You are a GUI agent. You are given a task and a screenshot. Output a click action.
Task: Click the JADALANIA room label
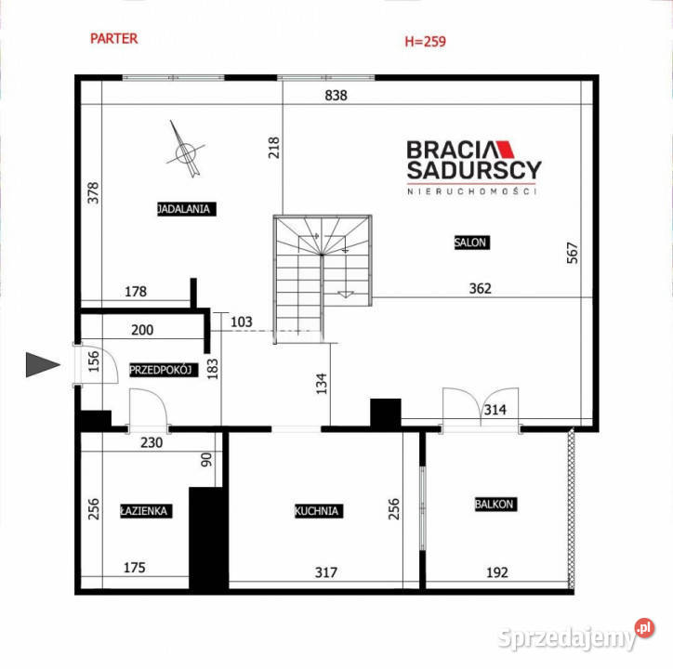click(187, 209)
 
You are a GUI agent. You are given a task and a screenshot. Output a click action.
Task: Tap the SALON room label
click(471, 243)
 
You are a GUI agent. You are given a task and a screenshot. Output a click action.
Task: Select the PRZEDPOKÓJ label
click(164, 370)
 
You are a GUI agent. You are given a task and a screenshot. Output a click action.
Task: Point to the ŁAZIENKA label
click(146, 511)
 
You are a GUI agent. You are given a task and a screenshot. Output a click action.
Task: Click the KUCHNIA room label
click(319, 511)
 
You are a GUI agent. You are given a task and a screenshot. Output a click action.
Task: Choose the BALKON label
click(495, 504)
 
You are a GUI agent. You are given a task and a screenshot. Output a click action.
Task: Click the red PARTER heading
click(113, 39)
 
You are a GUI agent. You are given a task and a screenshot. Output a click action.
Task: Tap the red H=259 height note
click(426, 41)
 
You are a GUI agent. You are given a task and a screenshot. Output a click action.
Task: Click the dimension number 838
click(336, 96)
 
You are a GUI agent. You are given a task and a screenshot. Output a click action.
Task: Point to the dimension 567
click(573, 253)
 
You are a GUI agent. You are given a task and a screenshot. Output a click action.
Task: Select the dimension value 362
click(480, 288)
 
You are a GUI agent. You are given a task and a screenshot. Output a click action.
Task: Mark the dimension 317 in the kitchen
click(325, 572)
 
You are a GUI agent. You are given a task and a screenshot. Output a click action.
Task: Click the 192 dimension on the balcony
click(497, 572)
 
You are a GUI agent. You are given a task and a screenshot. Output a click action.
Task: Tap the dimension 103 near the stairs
click(241, 321)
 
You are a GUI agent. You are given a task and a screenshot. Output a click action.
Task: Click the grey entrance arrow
click(43, 365)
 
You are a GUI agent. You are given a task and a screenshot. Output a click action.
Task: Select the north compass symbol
click(185, 151)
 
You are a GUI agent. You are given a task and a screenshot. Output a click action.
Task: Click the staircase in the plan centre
click(323, 279)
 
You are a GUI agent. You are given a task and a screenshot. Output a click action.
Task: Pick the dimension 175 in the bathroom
click(135, 568)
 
